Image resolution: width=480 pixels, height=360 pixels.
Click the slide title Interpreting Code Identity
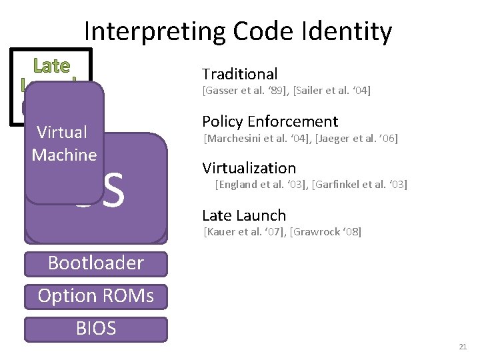click(238, 31)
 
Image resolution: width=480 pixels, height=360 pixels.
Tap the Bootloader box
click(95, 263)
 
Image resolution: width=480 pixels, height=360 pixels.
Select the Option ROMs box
click(95, 295)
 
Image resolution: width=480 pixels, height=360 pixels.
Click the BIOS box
click(95, 328)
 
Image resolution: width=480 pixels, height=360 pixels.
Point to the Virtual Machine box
click(64, 144)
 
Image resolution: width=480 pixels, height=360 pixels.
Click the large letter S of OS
click(115, 190)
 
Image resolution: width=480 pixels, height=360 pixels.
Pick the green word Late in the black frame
click(51, 65)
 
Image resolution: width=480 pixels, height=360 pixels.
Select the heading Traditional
click(239, 74)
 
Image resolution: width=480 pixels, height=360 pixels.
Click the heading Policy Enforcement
click(270, 121)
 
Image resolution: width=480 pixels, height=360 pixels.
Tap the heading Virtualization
click(249, 168)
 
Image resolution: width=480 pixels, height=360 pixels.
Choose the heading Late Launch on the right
click(243, 215)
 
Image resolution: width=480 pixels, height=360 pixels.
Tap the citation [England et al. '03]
click(261, 184)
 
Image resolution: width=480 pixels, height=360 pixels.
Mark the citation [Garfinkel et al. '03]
click(359, 184)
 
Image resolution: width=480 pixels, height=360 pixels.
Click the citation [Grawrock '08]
click(325, 232)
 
